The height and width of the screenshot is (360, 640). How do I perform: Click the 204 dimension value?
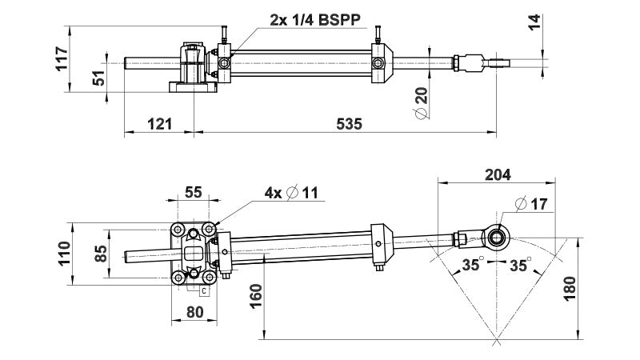[498, 174]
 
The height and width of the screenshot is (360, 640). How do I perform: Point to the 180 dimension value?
[593, 286]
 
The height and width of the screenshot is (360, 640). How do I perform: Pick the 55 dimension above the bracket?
[194, 192]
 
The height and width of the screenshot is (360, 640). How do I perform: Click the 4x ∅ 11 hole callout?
[291, 193]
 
